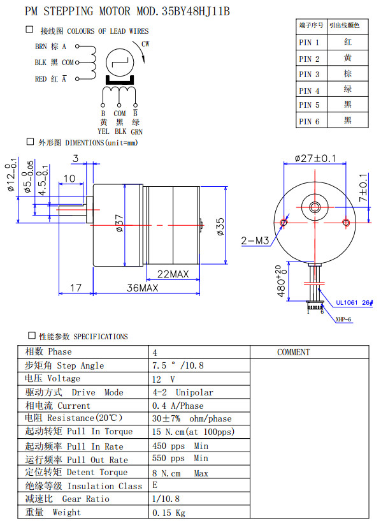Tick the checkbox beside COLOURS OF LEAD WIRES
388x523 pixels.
[x=29, y=30]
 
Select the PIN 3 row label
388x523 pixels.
[x=309, y=75]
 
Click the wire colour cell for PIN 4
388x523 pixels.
[x=347, y=90]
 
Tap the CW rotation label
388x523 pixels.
[x=145, y=44]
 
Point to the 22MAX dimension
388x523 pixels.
[x=173, y=274]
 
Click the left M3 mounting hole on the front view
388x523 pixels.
[x=285, y=223]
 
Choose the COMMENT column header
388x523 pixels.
[x=294, y=352]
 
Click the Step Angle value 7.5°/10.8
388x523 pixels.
[x=176, y=365]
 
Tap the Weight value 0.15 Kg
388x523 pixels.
[x=169, y=512]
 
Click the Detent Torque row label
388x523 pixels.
[x=76, y=472]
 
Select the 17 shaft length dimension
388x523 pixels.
[x=75, y=288]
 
